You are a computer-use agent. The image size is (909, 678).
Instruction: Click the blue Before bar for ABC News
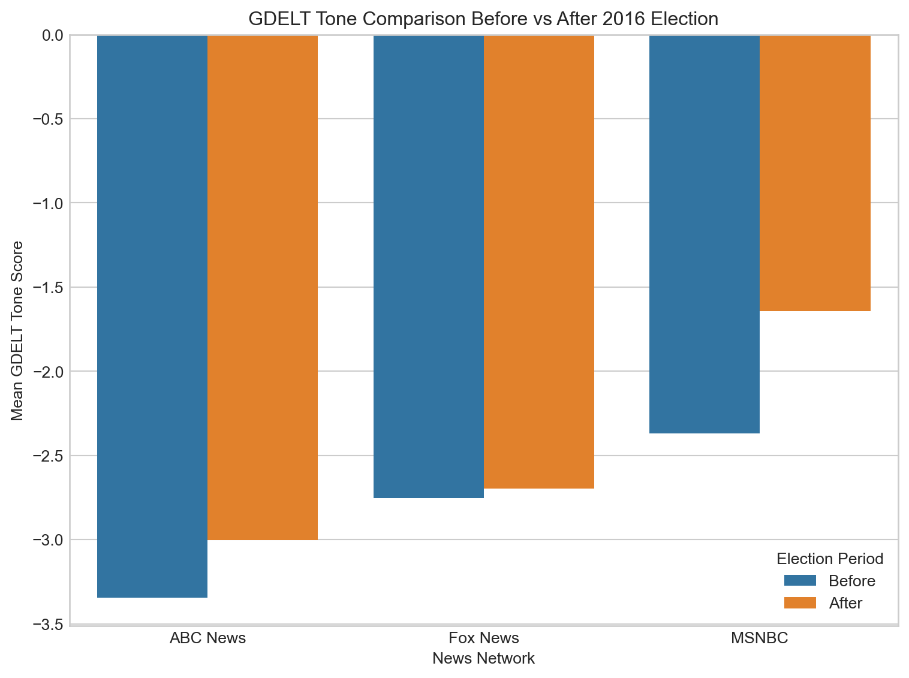(x=152, y=316)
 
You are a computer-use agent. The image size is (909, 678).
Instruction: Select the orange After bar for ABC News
(x=263, y=288)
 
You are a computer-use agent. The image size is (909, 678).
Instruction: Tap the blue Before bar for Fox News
(x=429, y=266)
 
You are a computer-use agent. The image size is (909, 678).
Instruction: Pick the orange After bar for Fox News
(x=539, y=262)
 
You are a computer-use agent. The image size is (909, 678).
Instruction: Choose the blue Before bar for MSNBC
(x=705, y=234)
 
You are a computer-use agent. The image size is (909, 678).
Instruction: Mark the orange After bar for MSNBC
(x=815, y=173)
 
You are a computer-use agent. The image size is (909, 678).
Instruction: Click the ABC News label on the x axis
(x=207, y=637)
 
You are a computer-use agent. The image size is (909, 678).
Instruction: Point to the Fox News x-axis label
(x=484, y=637)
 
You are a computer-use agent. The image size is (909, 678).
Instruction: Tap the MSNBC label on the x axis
(x=760, y=637)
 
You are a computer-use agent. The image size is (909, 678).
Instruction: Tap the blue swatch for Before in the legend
(x=800, y=581)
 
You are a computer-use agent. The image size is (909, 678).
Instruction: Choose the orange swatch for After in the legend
(x=800, y=603)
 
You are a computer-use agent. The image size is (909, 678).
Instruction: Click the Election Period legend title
(x=830, y=559)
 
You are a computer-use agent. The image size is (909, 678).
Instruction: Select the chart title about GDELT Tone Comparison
(x=483, y=19)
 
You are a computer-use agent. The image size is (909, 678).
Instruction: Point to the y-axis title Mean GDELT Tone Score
(x=18, y=330)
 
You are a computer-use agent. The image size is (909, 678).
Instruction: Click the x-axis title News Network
(x=483, y=659)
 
